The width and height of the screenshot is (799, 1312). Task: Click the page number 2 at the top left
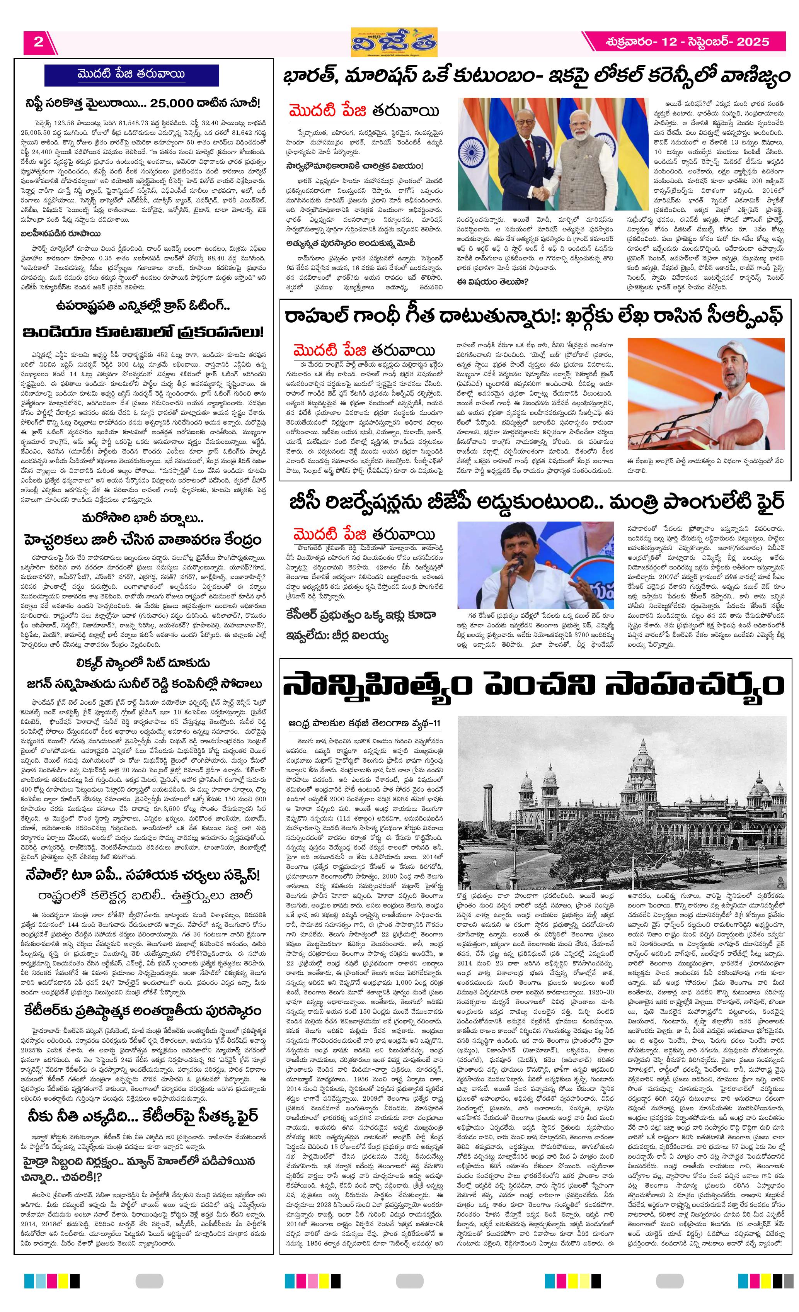point(38,42)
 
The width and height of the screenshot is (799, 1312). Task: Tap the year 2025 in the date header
point(753,42)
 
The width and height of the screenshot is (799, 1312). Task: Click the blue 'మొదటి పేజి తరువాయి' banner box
point(131,75)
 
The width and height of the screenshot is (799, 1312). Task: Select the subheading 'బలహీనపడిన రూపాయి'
point(62,233)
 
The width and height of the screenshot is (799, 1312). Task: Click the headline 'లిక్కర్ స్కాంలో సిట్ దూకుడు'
point(143,663)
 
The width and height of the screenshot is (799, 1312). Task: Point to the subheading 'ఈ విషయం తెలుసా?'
point(492,282)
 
